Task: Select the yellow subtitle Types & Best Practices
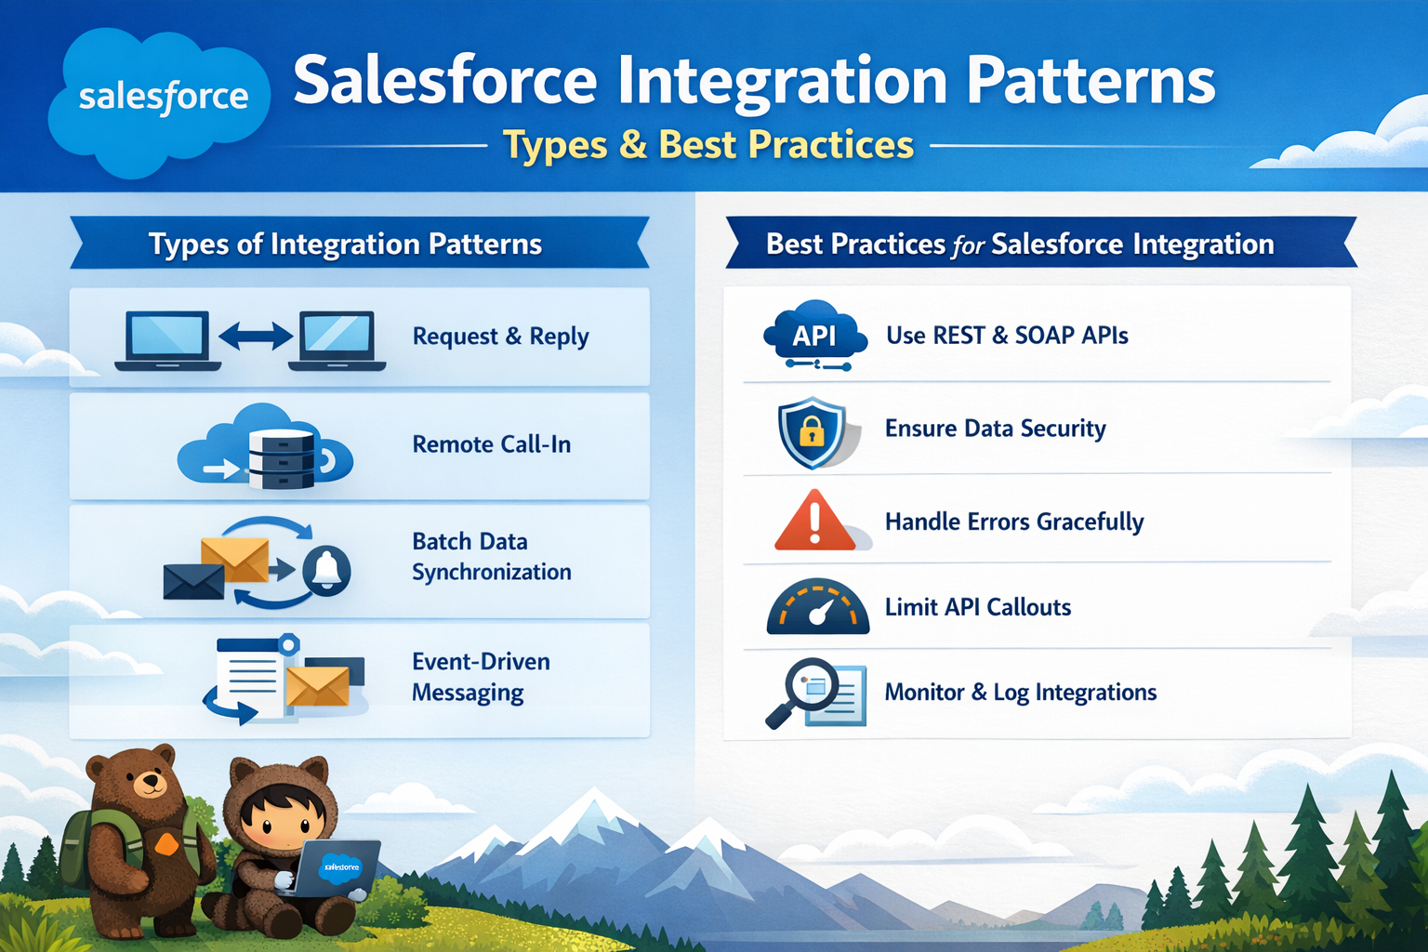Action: click(708, 145)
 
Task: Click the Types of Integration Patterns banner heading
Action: click(345, 245)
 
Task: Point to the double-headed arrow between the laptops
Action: click(256, 336)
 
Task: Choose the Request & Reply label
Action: click(500, 337)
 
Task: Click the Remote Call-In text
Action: click(491, 444)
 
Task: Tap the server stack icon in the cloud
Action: click(281, 457)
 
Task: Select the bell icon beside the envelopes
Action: click(326, 569)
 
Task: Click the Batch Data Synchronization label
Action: click(491, 556)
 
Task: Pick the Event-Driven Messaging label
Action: click(481, 677)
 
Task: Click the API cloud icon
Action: click(814, 335)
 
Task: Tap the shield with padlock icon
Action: click(812, 431)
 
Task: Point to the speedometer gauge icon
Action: click(817, 608)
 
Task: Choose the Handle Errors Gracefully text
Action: click(1013, 522)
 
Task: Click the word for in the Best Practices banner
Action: click(968, 246)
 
